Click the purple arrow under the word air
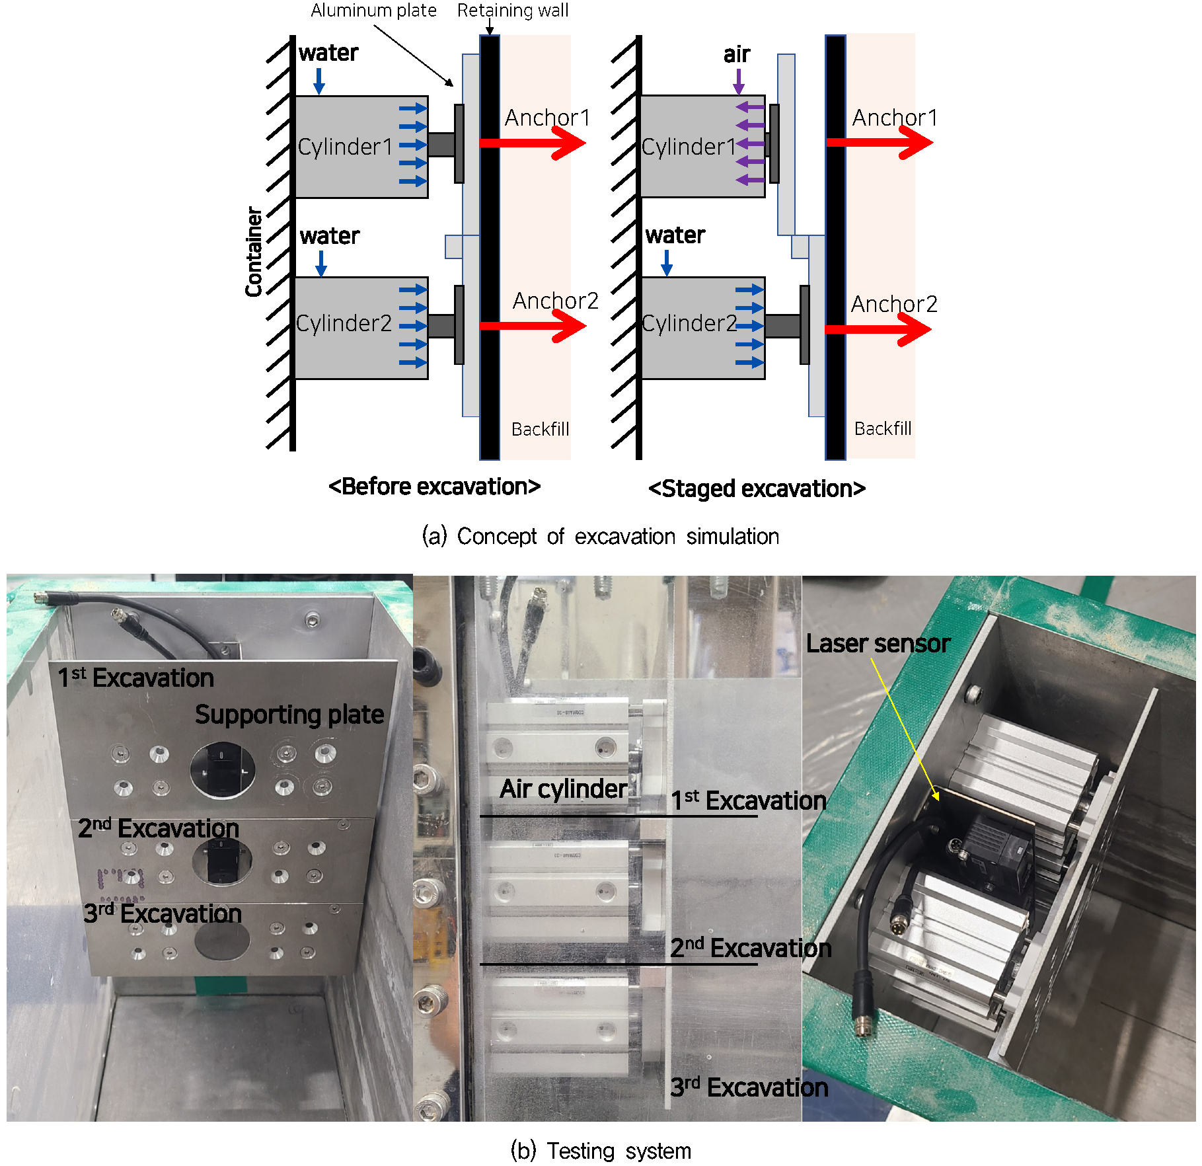tap(739, 81)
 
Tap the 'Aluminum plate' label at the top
tap(373, 11)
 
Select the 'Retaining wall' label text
tap(512, 11)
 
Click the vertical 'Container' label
tap(254, 251)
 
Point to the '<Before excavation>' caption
tap(434, 486)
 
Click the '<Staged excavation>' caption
tap(757, 488)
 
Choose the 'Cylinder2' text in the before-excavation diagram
tap(344, 323)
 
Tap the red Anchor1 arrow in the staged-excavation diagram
tap(880, 142)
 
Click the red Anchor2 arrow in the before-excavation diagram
tap(533, 325)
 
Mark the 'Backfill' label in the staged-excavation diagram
tap(882, 429)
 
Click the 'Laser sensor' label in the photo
tap(878, 644)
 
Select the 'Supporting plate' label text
tap(289, 715)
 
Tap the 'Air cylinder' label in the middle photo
tap(563, 789)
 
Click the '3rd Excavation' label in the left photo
tap(162, 913)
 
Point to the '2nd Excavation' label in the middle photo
tap(750, 948)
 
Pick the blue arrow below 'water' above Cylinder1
tap(319, 81)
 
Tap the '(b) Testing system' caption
tap(601, 1151)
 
